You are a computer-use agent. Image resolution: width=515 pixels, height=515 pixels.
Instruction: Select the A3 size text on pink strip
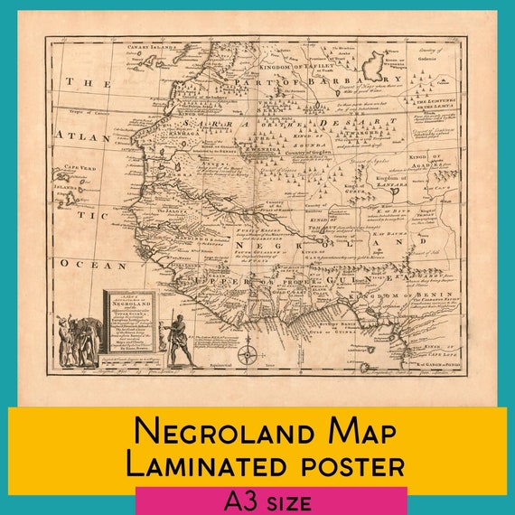point(270,501)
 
